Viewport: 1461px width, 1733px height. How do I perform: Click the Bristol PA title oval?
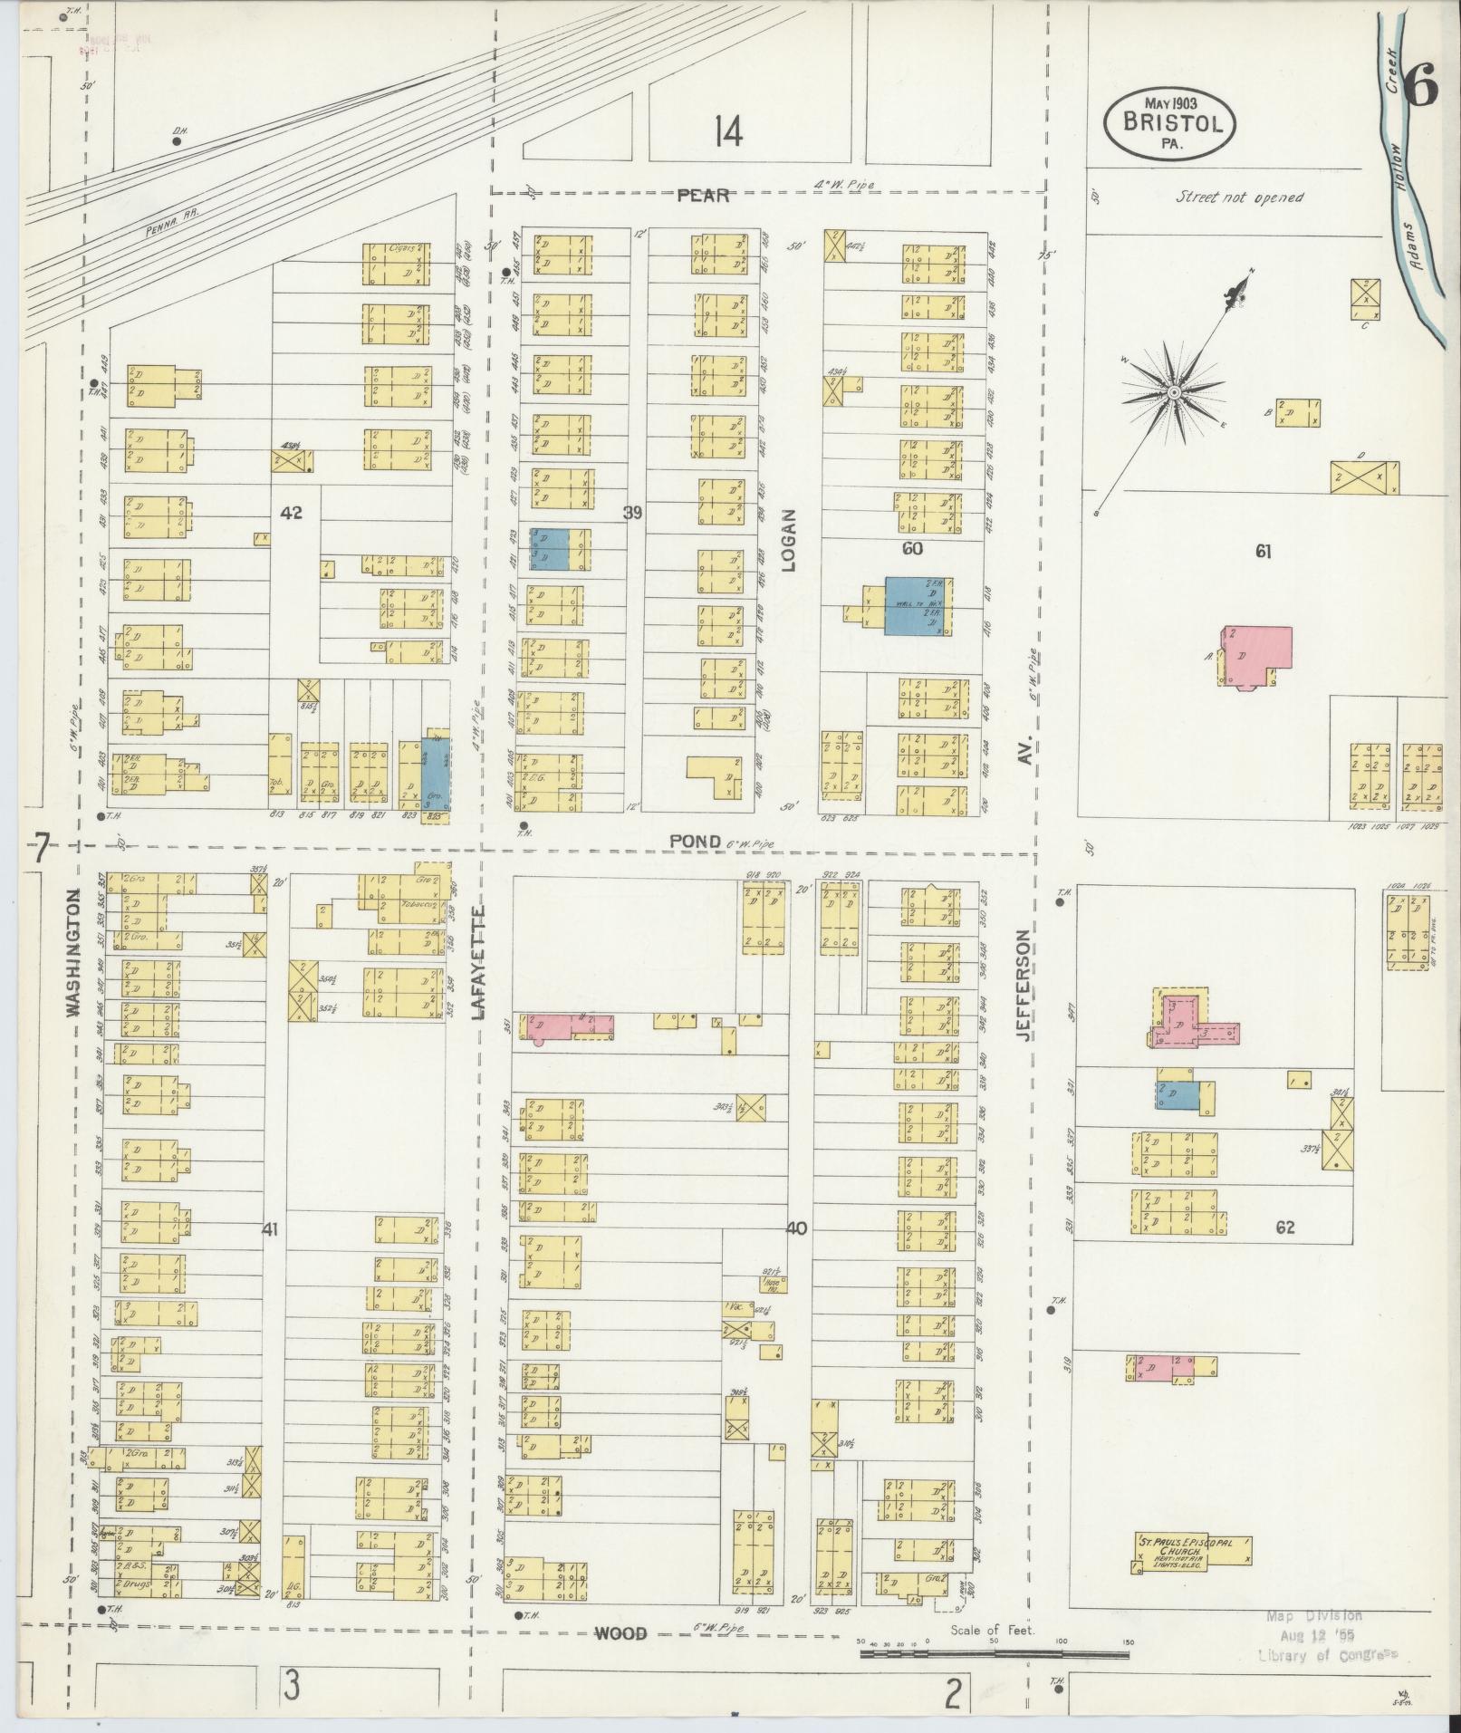click(x=1169, y=124)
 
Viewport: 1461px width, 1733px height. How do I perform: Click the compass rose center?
click(x=1173, y=392)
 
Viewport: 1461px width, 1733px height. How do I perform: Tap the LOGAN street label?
click(x=788, y=540)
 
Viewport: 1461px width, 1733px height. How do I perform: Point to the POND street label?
click(x=695, y=842)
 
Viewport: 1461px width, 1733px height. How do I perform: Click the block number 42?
click(x=291, y=513)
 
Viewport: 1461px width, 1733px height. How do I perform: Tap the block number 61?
click(x=1263, y=551)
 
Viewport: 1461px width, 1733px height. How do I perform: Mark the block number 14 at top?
click(x=727, y=133)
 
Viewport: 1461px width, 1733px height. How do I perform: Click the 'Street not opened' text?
click(x=1239, y=197)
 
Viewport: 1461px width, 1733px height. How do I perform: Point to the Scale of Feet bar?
click(x=994, y=1654)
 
